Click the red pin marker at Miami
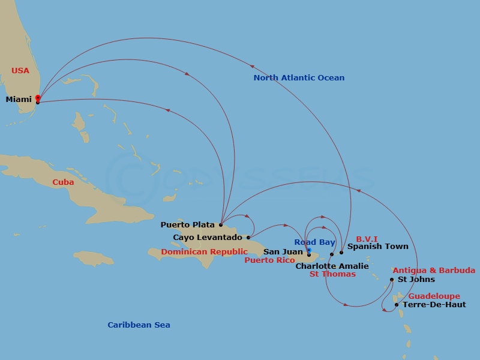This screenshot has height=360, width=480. tap(37, 98)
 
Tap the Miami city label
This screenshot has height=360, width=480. tap(19, 99)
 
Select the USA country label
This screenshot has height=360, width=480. tap(20, 71)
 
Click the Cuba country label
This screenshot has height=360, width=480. tap(63, 182)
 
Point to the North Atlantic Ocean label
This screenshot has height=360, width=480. tap(299, 78)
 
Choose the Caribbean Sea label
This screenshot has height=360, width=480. tap(139, 325)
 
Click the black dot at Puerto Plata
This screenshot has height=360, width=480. tap(221, 225)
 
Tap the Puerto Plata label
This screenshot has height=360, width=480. tap(187, 225)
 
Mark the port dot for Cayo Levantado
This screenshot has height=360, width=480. tap(248, 238)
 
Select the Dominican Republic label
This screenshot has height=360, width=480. tap(204, 252)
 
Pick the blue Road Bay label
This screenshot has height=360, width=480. tap(314, 242)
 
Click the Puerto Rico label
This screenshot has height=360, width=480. tap(269, 260)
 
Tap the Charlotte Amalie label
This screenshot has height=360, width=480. tap(332, 266)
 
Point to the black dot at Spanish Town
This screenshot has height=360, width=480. tap(341, 252)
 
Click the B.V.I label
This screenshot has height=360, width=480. tap(367, 239)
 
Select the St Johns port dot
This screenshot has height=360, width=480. tap(392, 280)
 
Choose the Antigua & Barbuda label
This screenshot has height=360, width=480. tap(434, 271)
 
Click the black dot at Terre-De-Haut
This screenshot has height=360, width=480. tap(397, 305)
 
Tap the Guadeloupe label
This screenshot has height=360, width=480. tap(434, 296)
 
